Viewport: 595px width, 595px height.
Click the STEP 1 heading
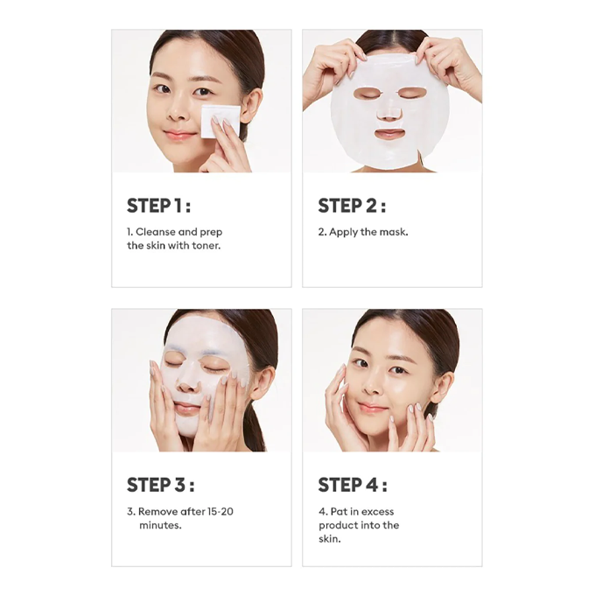158,206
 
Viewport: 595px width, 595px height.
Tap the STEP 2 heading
352,206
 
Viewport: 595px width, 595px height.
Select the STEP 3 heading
160,485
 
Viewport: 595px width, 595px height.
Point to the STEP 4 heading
353,485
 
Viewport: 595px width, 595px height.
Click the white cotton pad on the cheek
220,122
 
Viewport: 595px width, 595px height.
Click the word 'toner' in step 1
206,246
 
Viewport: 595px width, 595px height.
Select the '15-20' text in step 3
220,512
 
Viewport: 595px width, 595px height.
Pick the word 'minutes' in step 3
160,525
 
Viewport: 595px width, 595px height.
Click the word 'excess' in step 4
377,512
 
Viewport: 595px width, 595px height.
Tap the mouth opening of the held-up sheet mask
389,134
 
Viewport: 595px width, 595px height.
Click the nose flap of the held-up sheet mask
389,114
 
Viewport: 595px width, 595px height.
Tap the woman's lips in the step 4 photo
374,408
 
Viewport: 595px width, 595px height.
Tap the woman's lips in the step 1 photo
176,135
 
